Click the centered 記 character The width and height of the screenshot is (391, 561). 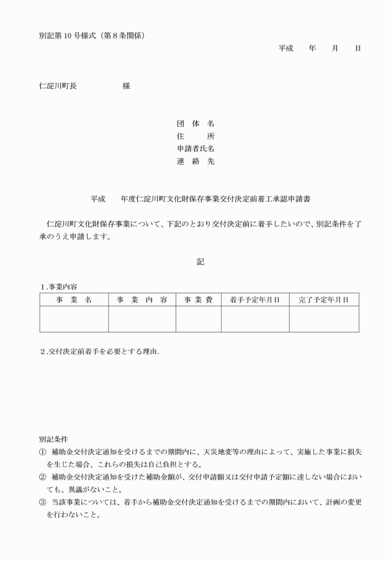click(200, 262)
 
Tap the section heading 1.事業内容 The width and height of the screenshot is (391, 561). click(60, 286)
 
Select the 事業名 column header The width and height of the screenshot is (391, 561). click(74, 299)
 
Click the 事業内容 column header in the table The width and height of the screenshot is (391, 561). click(142, 299)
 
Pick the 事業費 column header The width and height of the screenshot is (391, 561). click(198, 299)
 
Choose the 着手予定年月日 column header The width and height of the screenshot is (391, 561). click(254, 299)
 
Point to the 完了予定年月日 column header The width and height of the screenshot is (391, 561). click(323, 299)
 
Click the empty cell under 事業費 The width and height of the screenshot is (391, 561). click(198, 319)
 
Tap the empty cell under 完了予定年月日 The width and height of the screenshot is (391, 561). click(323, 319)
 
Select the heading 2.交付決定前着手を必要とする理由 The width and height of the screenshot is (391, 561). click(99, 352)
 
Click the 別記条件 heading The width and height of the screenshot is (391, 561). click(53, 439)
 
